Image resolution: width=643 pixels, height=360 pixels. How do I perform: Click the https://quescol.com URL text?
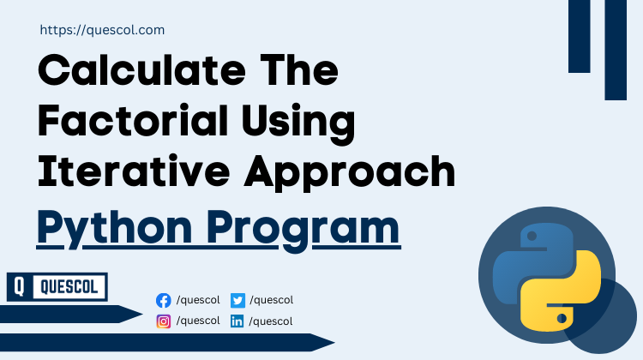click(x=102, y=30)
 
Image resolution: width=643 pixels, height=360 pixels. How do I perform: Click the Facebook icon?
click(x=164, y=301)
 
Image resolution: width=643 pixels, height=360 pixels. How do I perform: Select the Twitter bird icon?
click(x=237, y=301)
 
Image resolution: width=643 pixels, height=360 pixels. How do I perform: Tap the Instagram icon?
click(x=164, y=321)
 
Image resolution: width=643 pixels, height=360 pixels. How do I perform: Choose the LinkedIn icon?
click(x=237, y=322)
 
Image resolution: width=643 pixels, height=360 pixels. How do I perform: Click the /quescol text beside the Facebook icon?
click(x=198, y=300)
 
